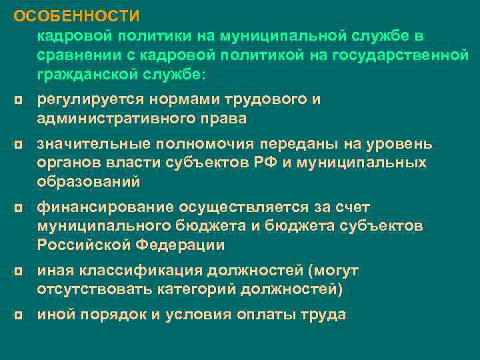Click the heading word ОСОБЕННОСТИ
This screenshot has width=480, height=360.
point(77,15)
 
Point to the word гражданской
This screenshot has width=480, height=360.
point(85,75)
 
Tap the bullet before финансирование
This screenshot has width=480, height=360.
point(17,207)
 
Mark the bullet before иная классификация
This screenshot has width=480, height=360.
point(17,271)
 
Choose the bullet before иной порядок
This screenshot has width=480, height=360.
point(17,315)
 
